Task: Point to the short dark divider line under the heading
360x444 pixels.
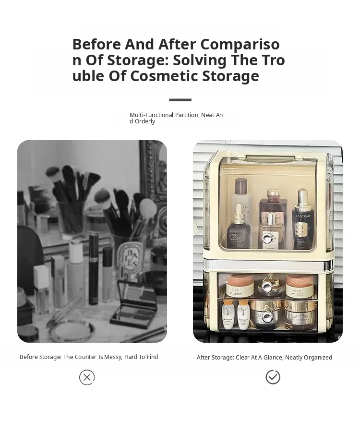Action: point(180,100)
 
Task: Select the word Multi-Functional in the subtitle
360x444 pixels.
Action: point(151,115)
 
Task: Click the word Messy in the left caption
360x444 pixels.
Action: point(113,357)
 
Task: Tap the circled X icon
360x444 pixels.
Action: point(87,377)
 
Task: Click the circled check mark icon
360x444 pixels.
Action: point(273,377)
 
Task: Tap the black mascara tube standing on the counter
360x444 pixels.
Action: point(93,268)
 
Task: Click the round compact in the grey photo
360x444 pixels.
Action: point(72,330)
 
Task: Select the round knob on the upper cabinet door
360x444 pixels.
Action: point(266,237)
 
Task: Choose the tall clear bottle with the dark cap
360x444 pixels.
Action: point(240,197)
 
